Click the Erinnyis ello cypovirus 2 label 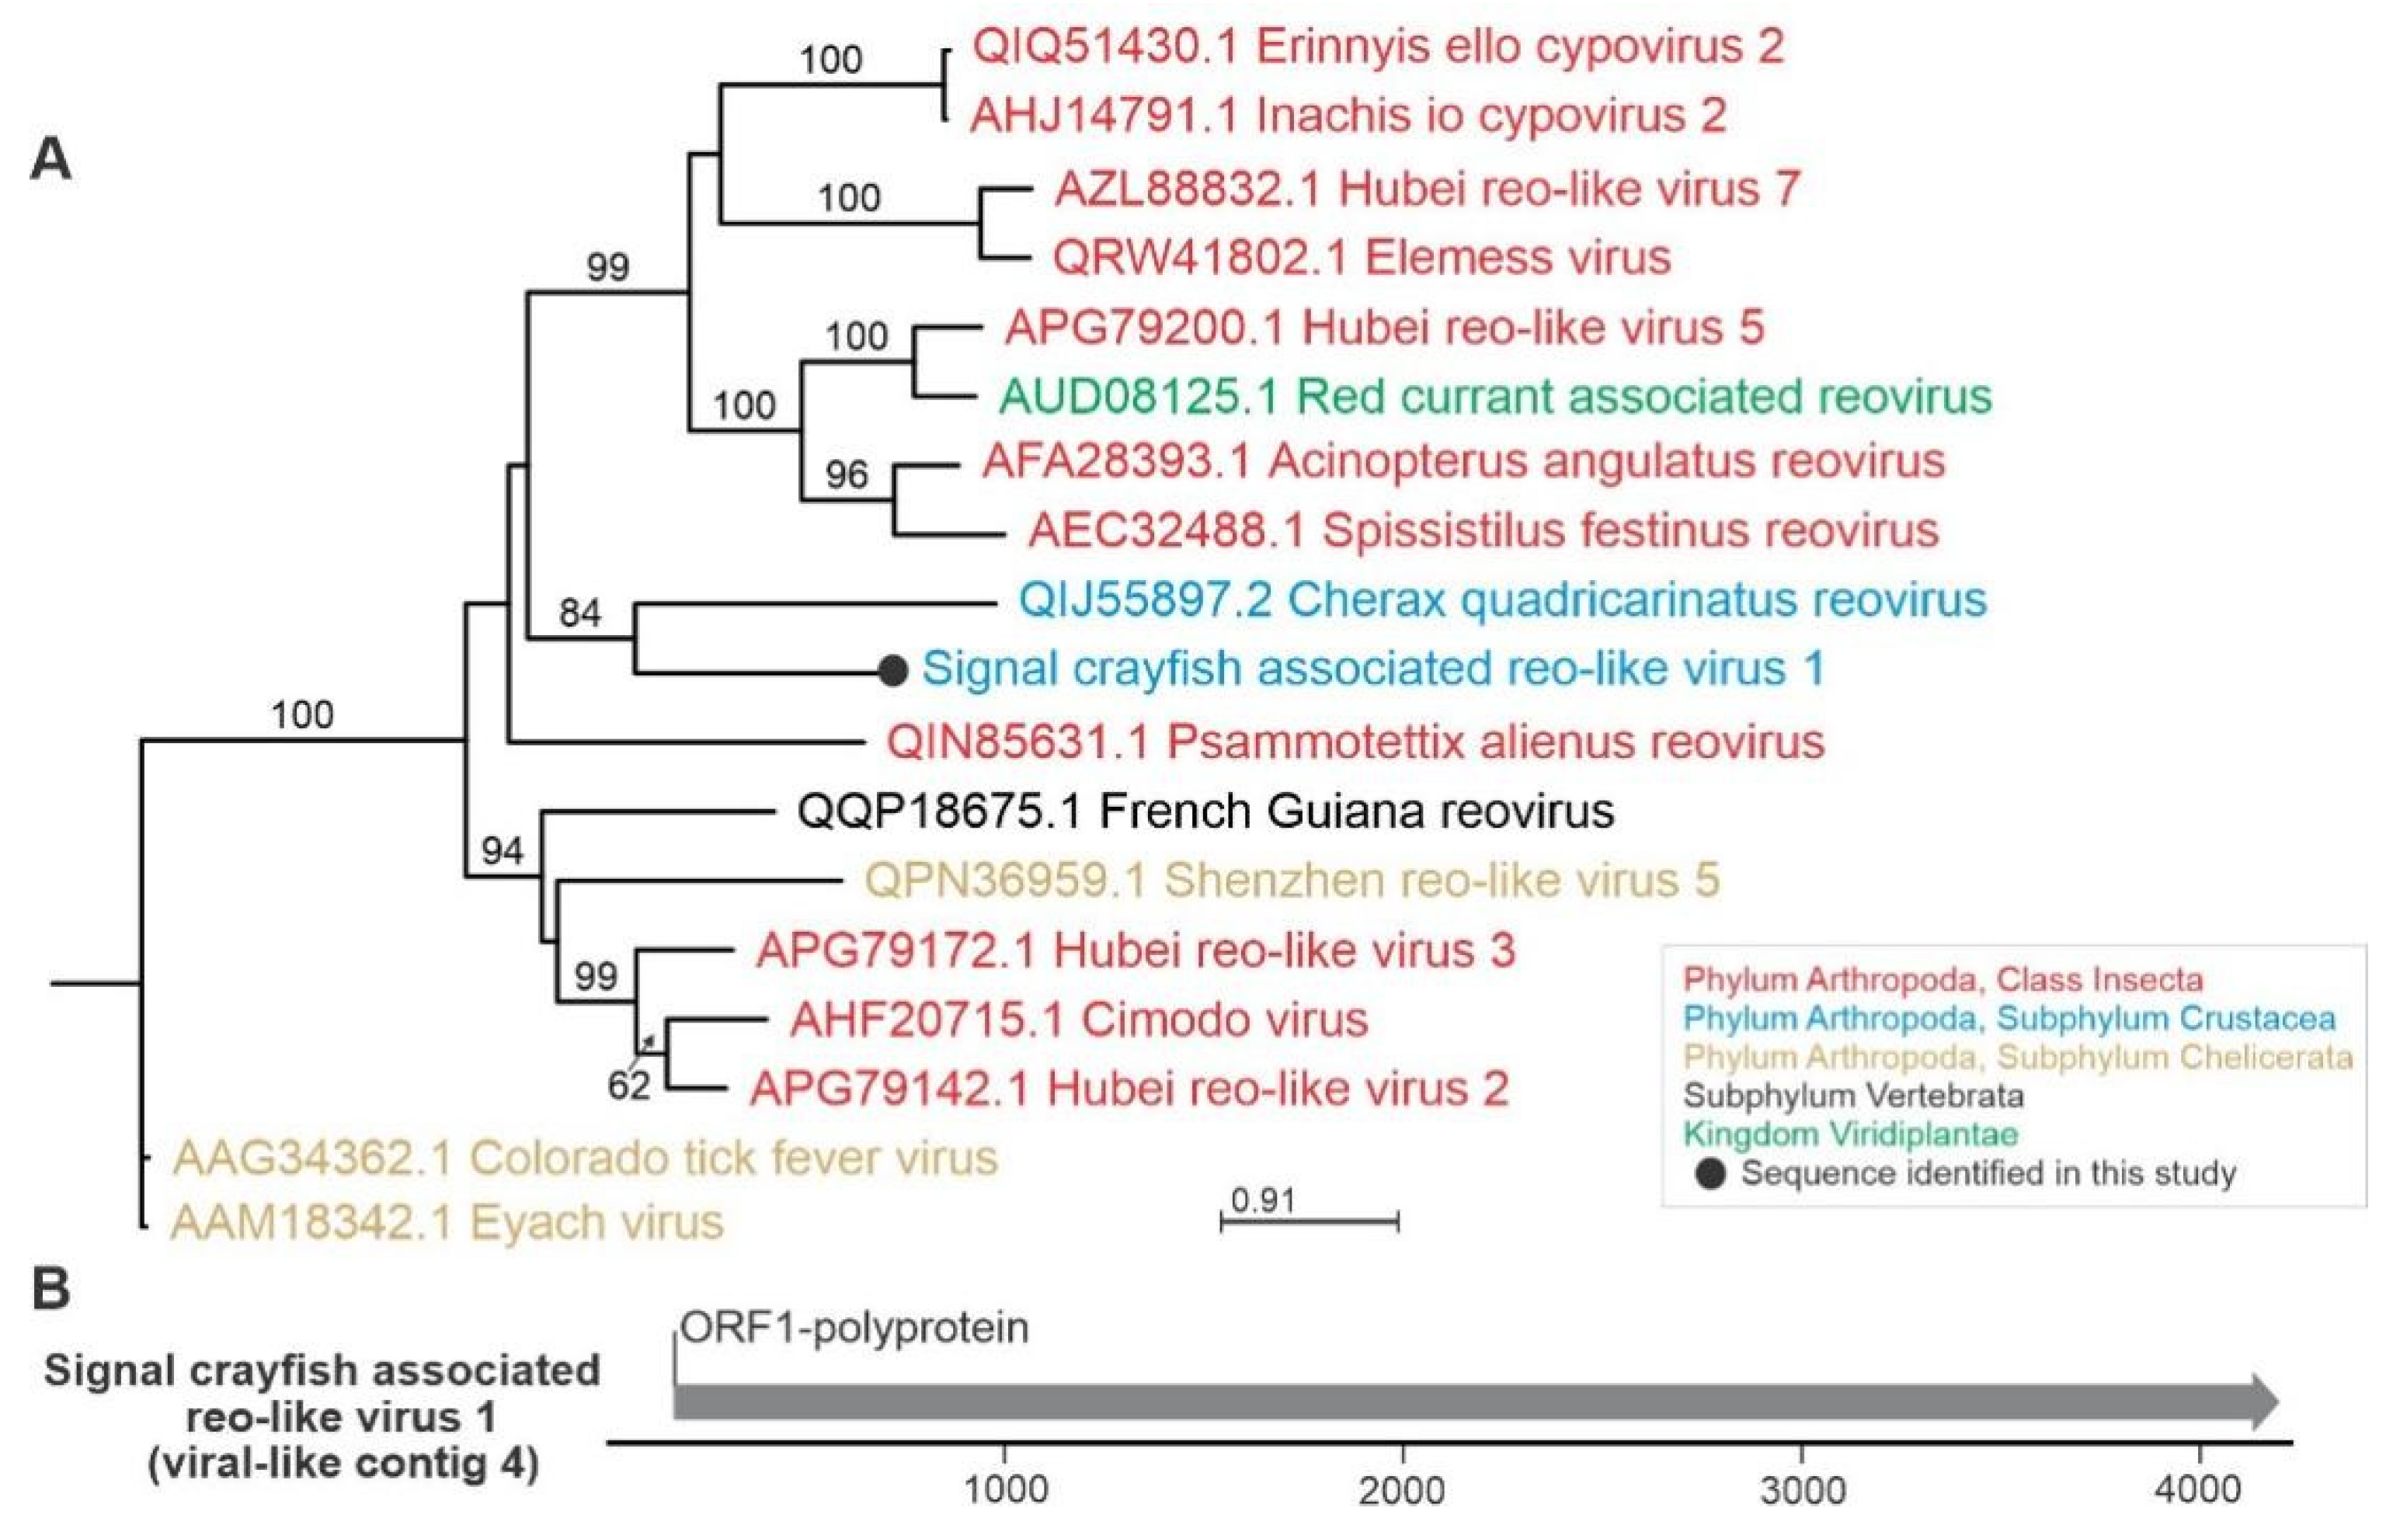tap(1377, 47)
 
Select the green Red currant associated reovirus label tap(1495, 396)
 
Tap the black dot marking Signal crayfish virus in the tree tap(892, 671)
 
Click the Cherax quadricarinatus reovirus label tap(1502, 599)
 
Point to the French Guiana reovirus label tap(1205, 811)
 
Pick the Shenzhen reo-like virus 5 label tap(1292, 880)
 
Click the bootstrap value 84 tap(579, 613)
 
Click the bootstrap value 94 tap(503, 850)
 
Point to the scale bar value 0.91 tap(1264, 1201)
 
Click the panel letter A tap(51, 158)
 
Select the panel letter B tap(51, 1289)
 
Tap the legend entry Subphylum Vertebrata tap(1853, 1096)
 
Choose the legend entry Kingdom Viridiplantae tap(1851, 1134)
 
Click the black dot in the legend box tap(1711, 1174)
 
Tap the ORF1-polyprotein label tap(854, 1327)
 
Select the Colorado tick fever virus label tap(585, 1158)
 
